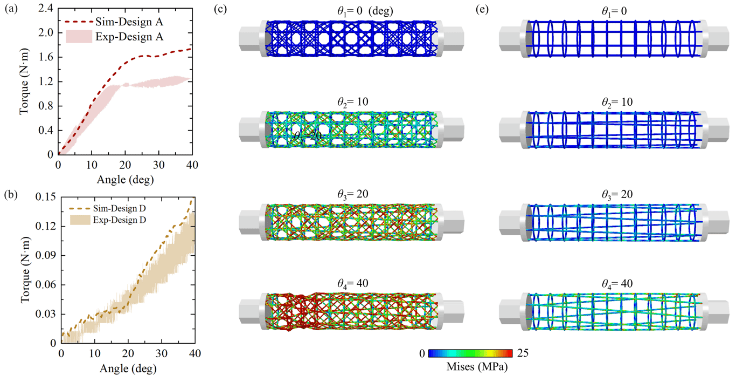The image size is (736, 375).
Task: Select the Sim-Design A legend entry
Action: coord(114,22)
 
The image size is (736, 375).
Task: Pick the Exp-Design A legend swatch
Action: coord(79,37)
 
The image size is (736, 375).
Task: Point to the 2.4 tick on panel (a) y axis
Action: coord(45,9)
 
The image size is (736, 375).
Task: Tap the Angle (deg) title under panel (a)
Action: coord(125,180)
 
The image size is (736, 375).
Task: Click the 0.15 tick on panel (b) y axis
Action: coord(45,197)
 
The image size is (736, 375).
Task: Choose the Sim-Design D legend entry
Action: coord(107,209)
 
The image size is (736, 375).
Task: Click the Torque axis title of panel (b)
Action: coord(25,270)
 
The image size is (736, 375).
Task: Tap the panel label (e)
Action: coord(482,9)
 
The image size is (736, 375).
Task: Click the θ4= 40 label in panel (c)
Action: coord(352,283)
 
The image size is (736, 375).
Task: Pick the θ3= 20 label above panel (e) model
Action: coord(617,194)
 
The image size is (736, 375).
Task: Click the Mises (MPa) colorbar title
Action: coord(477,366)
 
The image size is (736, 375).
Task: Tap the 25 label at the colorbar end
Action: coord(523,353)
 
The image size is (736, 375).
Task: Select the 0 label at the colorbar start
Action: coord(422,353)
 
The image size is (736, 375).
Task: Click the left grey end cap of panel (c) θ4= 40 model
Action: coord(252,311)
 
